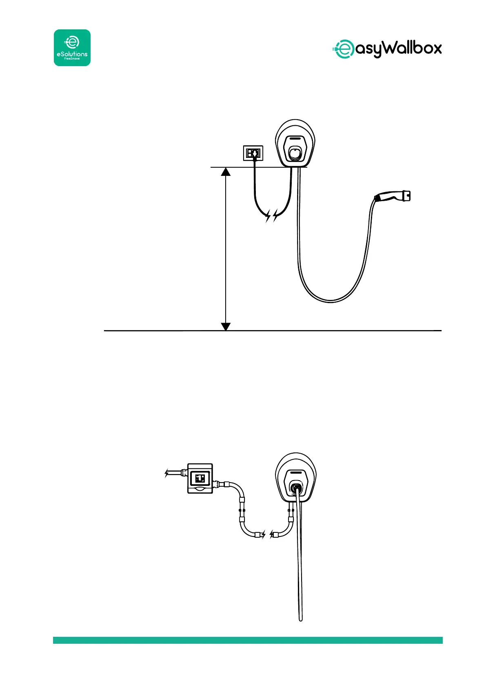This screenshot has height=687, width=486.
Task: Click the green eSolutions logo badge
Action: click(x=72, y=48)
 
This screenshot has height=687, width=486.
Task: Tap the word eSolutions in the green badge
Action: click(x=72, y=54)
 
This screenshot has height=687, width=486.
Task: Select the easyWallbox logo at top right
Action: click(x=386, y=49)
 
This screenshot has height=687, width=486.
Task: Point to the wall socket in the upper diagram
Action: click(x=253, y=153)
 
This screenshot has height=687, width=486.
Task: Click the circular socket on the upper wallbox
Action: click(x=295, y=153)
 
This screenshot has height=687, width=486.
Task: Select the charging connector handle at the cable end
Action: click(x=393, y=197)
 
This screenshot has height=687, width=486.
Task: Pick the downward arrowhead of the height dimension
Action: click(x=226, y=326)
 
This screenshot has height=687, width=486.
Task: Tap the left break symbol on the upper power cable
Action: click(x=268, y=216)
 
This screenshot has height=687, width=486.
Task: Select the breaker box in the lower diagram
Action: click(x=200, y=478)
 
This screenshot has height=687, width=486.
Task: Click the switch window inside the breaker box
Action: click(x=200, y=478)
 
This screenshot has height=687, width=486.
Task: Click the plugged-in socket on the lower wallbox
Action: click(x=297, y=487)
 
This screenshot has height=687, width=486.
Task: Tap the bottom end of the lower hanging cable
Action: click(x=301, y=619)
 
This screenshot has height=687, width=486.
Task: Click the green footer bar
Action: click(x=248, y=640)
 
